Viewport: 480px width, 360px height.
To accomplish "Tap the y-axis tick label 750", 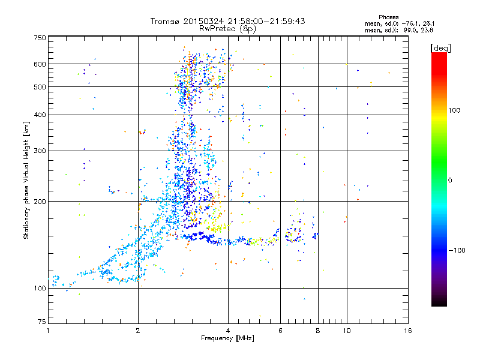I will coord(40,38).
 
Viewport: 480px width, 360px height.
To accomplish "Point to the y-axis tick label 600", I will coord(40,64).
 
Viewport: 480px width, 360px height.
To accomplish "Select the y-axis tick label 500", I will coord(40,87).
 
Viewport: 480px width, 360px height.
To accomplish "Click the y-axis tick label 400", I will coord(40,115).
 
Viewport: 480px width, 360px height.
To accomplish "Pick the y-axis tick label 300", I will coord(40,151).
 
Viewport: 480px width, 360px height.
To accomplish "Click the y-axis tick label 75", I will coord(41,322).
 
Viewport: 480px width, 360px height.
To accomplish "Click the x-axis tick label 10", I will coord(346,331).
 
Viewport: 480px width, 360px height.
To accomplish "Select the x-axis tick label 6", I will coord(280,331).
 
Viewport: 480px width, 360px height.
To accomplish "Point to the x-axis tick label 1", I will coord(48,331).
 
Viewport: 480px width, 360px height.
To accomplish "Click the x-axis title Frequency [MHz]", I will coord(227,338).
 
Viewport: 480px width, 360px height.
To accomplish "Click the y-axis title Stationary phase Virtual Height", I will coord(26,180).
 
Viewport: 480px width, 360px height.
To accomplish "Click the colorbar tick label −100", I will coord(457,250).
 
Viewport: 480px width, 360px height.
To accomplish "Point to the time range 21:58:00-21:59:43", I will coord(265,21).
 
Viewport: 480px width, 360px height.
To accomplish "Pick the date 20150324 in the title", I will coord(203,21).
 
